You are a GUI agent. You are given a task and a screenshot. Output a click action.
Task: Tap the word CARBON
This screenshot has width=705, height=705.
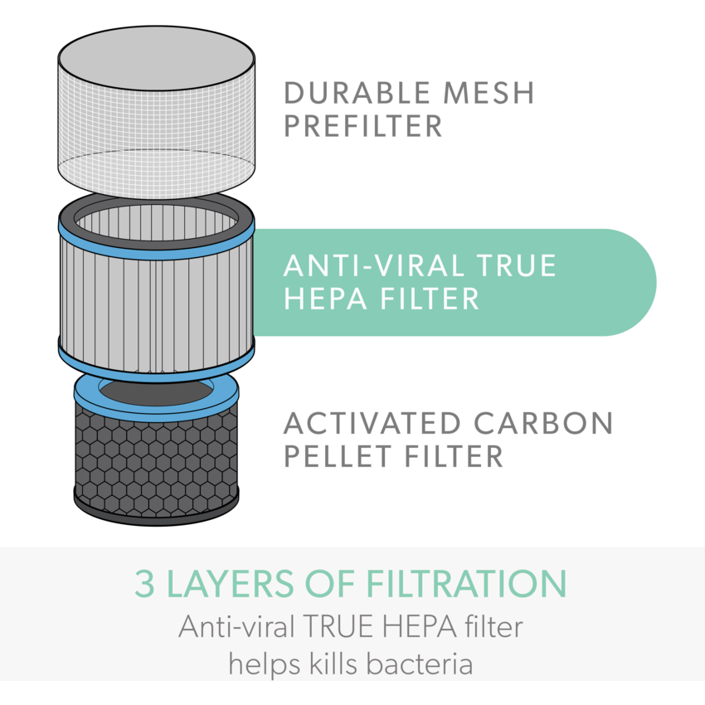pyautogui.click(x=544, y=423)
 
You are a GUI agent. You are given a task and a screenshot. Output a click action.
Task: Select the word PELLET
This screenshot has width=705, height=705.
pyautogui.click(x=333, y=456)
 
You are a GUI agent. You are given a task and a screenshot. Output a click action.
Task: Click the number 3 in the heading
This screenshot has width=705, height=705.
pyautogui.click(x=145, y=584)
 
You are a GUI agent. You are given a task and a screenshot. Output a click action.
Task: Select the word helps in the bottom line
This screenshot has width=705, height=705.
pyautogui.click(x=264, y=664)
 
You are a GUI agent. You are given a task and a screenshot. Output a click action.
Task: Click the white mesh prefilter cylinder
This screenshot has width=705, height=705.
pyautogui.click(x=156, y=116)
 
